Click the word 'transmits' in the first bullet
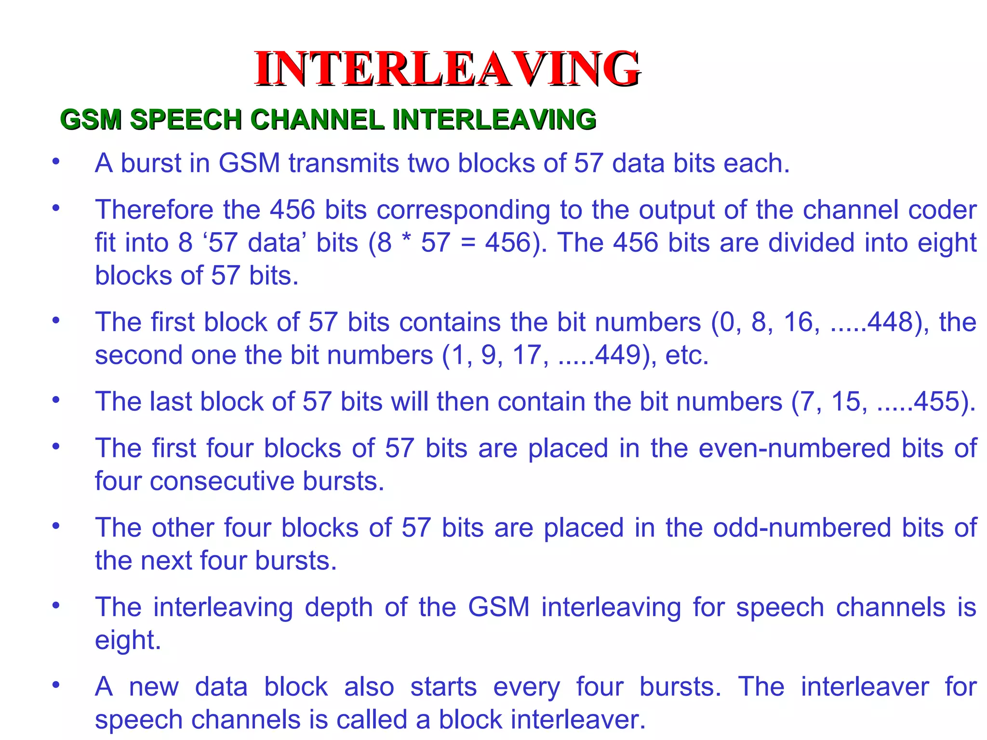click(344, 163)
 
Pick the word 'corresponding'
click(463, 210)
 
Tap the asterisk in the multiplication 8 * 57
click(407, 241)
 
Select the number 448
click(890, 322)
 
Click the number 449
click(617, 355)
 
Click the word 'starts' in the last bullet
click(443, 687)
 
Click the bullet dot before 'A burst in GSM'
click(56, 162)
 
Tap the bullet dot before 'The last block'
click(56, 400)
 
